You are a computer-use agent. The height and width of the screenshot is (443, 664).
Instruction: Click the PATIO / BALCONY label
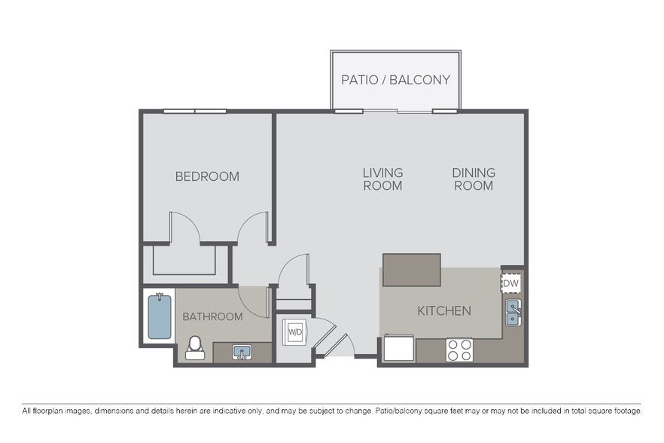click(x=395, y=80)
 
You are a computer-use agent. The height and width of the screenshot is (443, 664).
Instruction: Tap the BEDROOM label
click(x=207, y=176)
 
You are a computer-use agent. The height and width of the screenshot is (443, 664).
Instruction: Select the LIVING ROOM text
click(x=382, y=179)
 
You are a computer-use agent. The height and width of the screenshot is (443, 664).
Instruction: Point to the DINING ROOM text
click(x=474, y=179)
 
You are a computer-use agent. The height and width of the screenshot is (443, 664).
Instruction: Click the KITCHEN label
click(x=444, y=310)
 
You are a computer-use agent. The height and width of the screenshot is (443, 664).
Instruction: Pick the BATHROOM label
click(x=213, y=316)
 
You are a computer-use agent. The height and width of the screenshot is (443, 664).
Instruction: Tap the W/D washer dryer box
click(x=294, y=331)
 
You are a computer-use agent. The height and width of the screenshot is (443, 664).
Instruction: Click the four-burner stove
click(x=459, y=350)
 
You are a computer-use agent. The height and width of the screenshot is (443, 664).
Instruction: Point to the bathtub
click(x=159, y=316)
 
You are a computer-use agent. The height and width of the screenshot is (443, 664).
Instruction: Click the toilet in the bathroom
click(x=194, y=347)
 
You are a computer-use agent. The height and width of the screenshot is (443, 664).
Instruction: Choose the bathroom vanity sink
click(x=242, y=352)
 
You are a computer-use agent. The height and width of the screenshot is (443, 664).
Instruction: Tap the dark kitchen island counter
click(x=411, y=270)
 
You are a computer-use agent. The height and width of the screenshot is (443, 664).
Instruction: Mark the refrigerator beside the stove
click(x=399, y=349)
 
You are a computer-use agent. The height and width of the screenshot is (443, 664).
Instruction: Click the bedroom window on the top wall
click(x=195, y=112)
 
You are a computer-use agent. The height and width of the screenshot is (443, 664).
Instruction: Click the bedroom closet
click(x=185, y=260)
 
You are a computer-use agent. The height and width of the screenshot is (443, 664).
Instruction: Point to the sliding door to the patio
click(x=397, y=112)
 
